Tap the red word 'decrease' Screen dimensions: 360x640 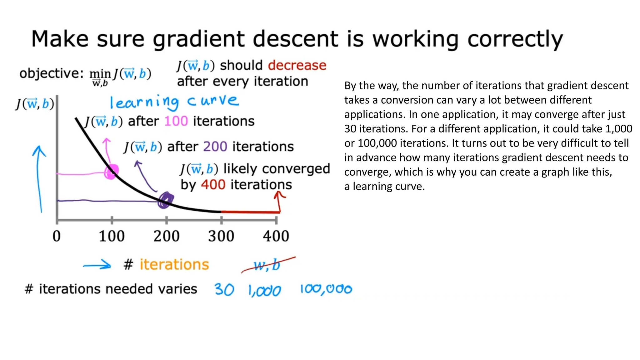click(x=297, y=65)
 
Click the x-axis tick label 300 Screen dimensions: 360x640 click(x=221, y=236)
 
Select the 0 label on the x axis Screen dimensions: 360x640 click(x=57, y=236)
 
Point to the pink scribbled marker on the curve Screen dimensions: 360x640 click(x=111, y=172)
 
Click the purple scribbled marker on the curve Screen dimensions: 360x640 click(x=165, y=200)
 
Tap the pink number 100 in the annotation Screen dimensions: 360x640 click(x=176, y=121)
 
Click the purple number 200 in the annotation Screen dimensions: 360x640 click(x=215, y=147)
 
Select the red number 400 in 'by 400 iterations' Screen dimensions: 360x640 click(x=213, y=185)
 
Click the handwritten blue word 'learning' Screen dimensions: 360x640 click(x=144, y=102)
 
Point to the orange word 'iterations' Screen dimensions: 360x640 click(x=174, y=265)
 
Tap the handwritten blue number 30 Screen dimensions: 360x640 click(x=224, y=289)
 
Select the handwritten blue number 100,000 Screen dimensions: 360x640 click(x=326, y=289)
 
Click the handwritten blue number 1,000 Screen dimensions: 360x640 click(x=264, y=291)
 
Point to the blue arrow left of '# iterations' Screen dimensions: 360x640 click(x=97, y=266)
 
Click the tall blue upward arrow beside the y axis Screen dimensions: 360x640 click(x=39, y=178)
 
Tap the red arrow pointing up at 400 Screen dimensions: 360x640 click(x=279, y=202)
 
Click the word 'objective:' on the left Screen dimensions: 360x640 click(x=51, y=74)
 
